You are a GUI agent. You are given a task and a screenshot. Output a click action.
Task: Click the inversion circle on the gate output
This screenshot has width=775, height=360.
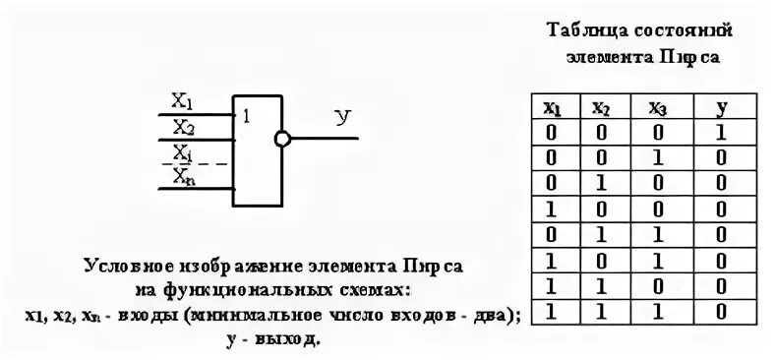pos(282,139)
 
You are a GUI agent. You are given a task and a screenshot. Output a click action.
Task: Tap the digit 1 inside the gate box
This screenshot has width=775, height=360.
pos(246,116)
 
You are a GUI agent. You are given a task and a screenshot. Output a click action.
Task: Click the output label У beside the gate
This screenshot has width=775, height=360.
pos(343,118)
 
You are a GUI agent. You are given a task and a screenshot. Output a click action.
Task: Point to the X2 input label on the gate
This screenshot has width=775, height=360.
pos(184,126)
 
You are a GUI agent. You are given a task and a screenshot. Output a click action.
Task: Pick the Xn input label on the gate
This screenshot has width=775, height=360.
pos(184,176)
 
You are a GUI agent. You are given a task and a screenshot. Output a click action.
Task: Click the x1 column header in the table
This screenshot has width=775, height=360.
pos(553,105)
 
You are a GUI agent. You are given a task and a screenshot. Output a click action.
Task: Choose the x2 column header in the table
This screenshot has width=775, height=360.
pos(601,105)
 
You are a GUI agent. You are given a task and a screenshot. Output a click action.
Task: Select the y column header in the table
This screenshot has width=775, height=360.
pos(722,105)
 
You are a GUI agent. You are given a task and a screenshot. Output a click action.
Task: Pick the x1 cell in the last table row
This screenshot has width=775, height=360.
pos(553,313)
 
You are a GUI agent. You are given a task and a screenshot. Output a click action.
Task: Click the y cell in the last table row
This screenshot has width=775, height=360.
pos(722,313)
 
